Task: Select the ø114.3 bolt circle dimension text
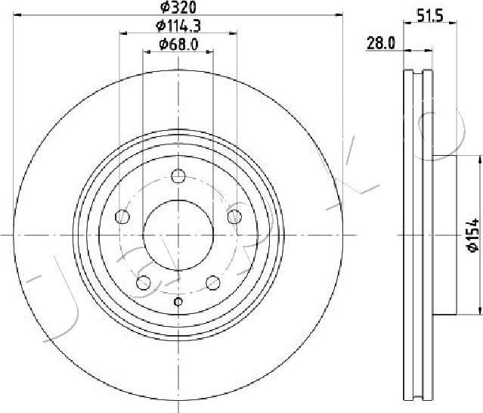(x=178, y=27)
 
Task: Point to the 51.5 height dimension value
(x=429, y=13)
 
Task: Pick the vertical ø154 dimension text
(x=471, y=234)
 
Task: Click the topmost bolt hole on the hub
(x=178, y=176)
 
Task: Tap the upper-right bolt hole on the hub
(x=234, y=217)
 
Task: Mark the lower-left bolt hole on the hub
(x=143, y=283)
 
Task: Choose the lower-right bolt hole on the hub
(x=212, y=283)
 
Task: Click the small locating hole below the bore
(x=178, y=302)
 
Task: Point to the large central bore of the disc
(x=178, y=235)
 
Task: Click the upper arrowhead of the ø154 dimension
(x=480, y=160)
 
